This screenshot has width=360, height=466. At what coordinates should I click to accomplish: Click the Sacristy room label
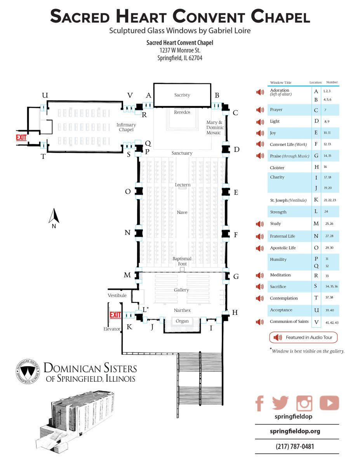point(182,95)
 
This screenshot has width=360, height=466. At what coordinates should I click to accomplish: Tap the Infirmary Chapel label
point(126,127)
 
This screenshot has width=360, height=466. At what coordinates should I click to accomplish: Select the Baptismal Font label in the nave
point(182,261)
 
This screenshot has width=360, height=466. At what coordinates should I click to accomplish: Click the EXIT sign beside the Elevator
point(115,315)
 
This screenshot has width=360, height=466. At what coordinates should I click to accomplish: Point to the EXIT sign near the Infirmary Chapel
point(21,137)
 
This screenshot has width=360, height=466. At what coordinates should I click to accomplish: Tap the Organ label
point(182,321)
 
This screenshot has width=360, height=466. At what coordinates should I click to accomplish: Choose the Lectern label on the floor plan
point(183,184)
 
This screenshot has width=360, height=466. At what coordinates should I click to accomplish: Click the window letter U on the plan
point(45,95)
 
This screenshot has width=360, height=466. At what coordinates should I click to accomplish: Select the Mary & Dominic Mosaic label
point(215,127)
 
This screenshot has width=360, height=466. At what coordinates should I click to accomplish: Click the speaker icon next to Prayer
point(260,110)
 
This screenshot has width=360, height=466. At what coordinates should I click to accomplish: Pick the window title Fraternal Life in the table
point(282,236)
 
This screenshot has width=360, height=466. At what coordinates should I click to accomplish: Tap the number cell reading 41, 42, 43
point(332,323)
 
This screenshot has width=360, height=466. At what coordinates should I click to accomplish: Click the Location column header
point(315,82)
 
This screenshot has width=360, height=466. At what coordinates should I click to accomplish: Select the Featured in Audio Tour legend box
point(303,337)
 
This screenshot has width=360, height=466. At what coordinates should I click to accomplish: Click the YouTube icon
point(329,403)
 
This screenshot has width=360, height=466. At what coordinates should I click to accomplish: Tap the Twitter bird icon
point(280,403)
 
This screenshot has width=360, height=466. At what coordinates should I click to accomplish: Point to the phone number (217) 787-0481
point(295,447)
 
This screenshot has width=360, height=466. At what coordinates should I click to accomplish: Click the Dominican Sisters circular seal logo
point(28,371)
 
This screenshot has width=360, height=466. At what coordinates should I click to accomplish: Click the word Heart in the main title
point(141,16)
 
